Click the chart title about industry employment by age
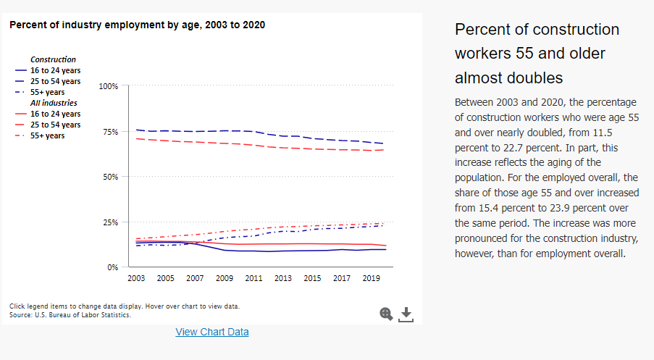(x=137, y=25)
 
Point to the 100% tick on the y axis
(x=109, y=86)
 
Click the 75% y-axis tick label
(x=110, y=132)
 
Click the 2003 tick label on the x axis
(x=135, y=278)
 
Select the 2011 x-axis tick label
(x=253, y=278)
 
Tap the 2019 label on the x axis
(x=372, y=278)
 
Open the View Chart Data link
(x=212, y=332)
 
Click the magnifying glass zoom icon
(x=386, y=313)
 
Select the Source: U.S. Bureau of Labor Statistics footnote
(x=70, y=315)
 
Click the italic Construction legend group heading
(x=53, y=59)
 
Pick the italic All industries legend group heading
(x=54, y=103)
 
